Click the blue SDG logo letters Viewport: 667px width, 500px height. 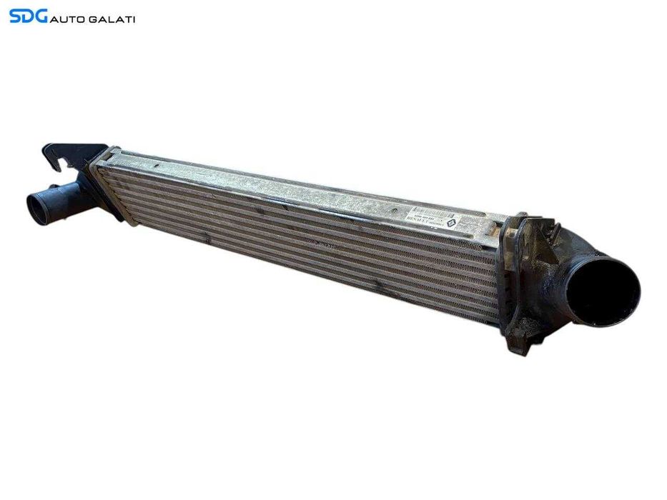pos(28,16)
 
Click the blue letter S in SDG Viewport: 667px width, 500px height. pos(16,16)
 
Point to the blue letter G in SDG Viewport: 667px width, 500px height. pos(41,16)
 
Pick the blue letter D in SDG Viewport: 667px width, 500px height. pos(28,16)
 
